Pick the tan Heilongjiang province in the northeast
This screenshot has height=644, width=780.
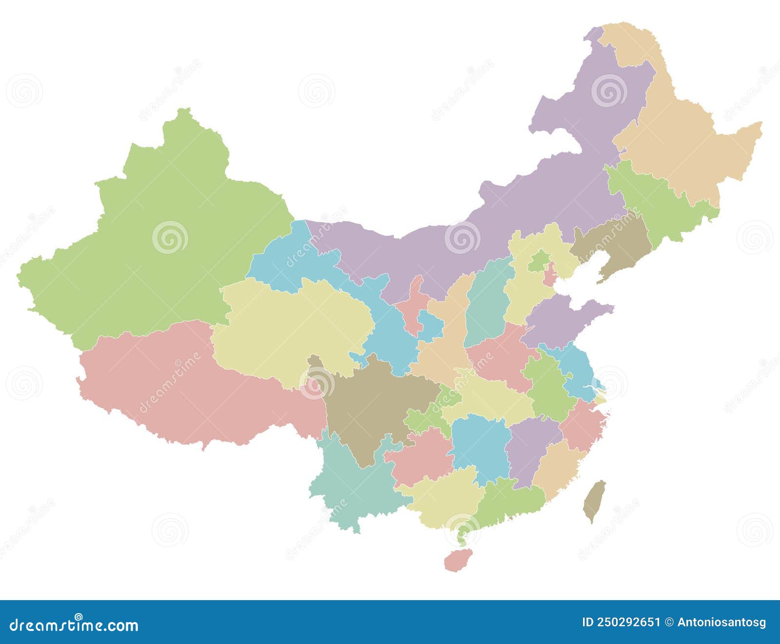(682, 141)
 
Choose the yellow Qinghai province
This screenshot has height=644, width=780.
(292, 332)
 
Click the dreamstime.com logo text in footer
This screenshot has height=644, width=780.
(74, 624)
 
